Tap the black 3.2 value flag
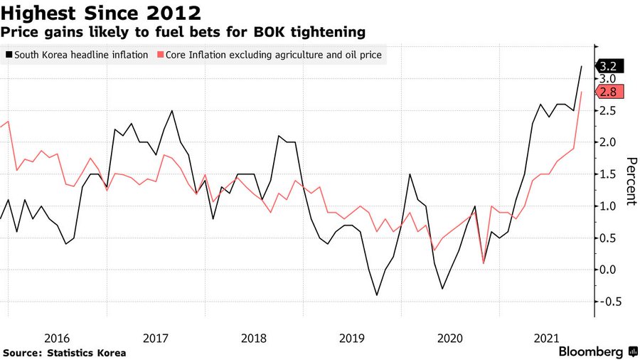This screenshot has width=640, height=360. tap(610, 66)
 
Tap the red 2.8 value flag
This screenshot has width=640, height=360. tap(610, 92)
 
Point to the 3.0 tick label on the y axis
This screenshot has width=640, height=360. tap(606, 78)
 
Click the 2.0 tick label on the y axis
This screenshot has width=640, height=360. tap(606, 142)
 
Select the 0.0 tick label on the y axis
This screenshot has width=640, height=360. tap(606, 270)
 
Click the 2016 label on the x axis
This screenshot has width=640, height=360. tap(57, 337)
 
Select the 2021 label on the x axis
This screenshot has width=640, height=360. tap(545, 337)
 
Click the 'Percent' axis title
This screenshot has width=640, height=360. tap(630, 181)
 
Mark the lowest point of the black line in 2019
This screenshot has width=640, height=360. tap(376, 295)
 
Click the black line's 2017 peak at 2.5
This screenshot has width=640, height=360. tap(172, 111)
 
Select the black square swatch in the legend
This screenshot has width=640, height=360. tap(9, 54)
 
